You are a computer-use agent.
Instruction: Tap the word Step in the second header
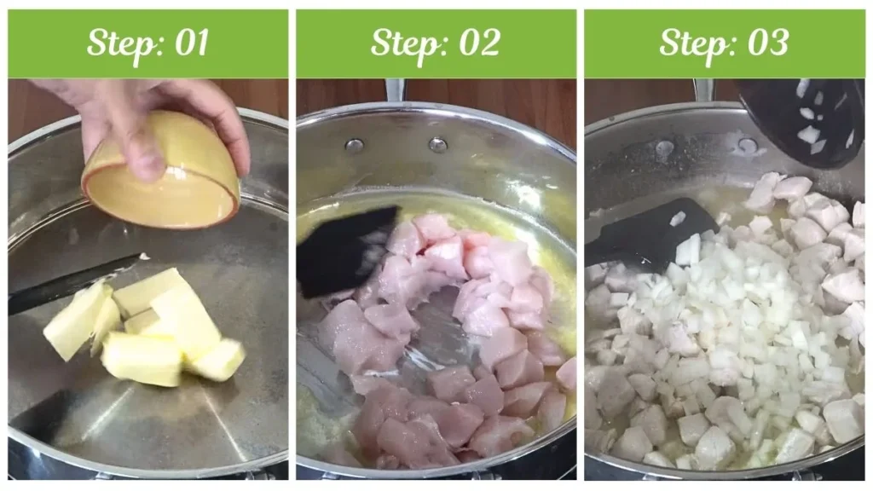pyautogui.click(x=404, y=43)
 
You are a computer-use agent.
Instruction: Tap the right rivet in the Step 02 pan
pyautogui.click(x=436, y=144)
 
